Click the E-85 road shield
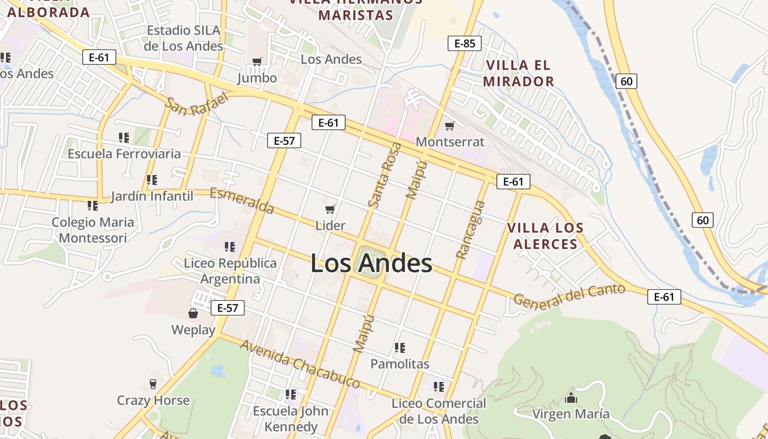(465, 43)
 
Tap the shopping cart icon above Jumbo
(257, 61)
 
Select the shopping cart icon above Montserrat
(450, 126)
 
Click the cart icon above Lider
(330, 209)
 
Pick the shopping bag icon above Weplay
(193, 313)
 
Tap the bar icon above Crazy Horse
(153, 384)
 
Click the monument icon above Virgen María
(571, 398)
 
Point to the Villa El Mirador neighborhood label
(519, 74)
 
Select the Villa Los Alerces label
(545, 236)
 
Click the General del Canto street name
(569, 296)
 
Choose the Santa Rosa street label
(385, 175)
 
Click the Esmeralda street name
(242, 201)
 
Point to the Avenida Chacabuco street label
(300, 364)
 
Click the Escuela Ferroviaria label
(124, 154)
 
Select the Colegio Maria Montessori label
(93, 230)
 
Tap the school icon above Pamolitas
(400, 347)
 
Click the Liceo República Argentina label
(230, 271)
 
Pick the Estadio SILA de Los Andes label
(184, 38)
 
